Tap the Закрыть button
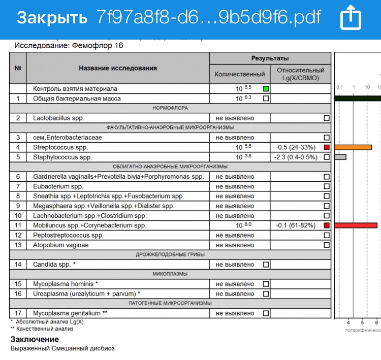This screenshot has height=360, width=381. pos(52,18)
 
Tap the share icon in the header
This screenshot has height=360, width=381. pos(351,19)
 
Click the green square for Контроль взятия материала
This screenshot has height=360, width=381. pos(265,89)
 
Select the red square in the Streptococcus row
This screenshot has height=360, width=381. pos(327,147)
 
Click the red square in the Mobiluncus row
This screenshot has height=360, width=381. pos(327,225)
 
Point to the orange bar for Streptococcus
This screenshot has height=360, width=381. pos(353,147)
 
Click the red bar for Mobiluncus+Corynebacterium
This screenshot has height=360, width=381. pos(356,225)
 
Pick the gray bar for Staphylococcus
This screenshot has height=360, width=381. pos(340,157)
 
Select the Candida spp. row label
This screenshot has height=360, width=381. pos(54,265)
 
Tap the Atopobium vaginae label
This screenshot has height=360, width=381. pos(61,245)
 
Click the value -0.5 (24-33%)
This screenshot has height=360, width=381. pos(295,147)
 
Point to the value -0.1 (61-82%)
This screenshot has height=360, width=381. pos(295,225)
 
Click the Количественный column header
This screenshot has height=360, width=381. pos(240,74)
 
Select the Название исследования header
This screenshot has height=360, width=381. pos(118,68)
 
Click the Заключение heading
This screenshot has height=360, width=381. pos(35,339)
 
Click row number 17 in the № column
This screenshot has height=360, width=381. pos(18,313)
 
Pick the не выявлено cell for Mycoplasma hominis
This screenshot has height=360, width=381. pos(235,284)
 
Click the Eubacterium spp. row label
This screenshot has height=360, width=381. pos(58,186)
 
